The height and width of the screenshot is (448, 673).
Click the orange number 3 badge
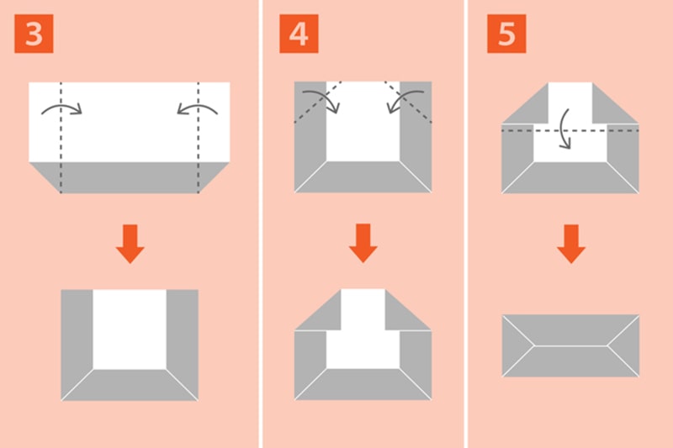pyautogui.click(x=34, y=34)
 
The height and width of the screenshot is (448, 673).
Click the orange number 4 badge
pyautogui.click(x=299, y=34)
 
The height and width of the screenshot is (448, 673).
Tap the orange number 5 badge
pyautogui.click(x=506, y=34)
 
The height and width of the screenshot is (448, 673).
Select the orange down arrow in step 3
pyautogui.click(x=130, y=244)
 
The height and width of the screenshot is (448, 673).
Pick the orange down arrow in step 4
pyautogui.click(x=363, y=243)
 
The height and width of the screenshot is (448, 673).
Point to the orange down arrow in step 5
pyautogui.click(x=571, y=244)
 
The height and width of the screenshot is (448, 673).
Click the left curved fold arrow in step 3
pyautogui.click(x=61, y=109)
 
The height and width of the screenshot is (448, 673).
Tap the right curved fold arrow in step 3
pyautogui.click(x=198, y=109)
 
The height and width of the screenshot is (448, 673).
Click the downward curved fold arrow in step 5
pyautogui.click(x=565, y=129)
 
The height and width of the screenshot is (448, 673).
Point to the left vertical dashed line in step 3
pyautogui.click(x=61, y=137)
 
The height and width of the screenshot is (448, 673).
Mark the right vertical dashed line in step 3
pyautogui.click(x=199, y=137)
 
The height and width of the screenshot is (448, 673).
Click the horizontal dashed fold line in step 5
pyautogui.click(x=570, y=130)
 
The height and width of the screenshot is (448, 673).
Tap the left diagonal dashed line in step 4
pyautogui.click(x=318, y=102)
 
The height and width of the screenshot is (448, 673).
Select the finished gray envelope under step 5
pyautogui.click(x=571, y=346)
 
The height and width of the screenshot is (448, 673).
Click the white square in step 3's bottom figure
pyautogui.click(x=130, y=329)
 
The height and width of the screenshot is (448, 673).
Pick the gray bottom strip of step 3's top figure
pyautogui.click(x=130, y=177)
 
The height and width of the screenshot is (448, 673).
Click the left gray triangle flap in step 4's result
pyautogui.click(x=318, y=309)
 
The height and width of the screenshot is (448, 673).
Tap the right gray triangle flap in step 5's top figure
pyautogui.click(x=616, y=103)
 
